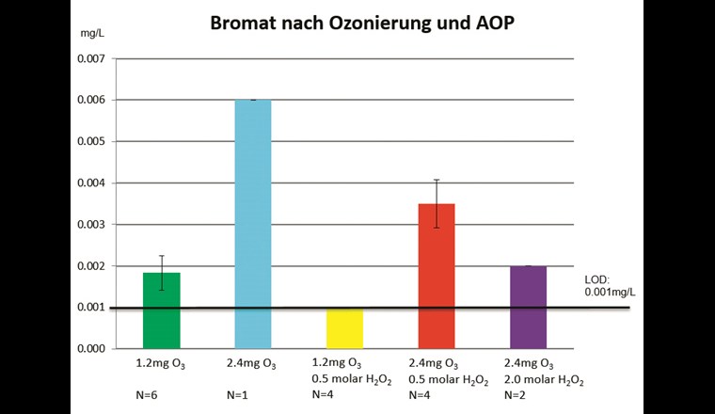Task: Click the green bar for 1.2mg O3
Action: pyautogui.click(x=162, y=310)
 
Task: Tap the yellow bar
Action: pyautogui.click(x=345, y=328)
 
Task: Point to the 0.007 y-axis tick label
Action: pyautogui.click(x=90, y=58)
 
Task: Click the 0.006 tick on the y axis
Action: pyautogui.click(x=90, y=100)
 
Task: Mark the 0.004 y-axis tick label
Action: pyautogui.click(x=90, y=183)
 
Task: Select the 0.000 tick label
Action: pyautogui.click(x=90, y=349)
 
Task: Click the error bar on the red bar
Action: pyautogui.click(x=437, y=203)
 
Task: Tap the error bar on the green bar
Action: pyautogui.click(x=162, y=272)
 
